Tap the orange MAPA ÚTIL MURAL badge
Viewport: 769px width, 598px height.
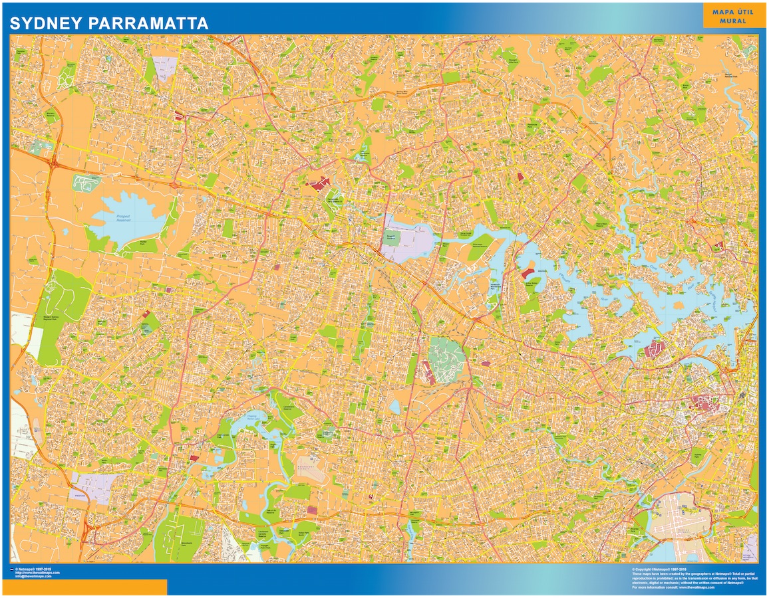tap(728, 16)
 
